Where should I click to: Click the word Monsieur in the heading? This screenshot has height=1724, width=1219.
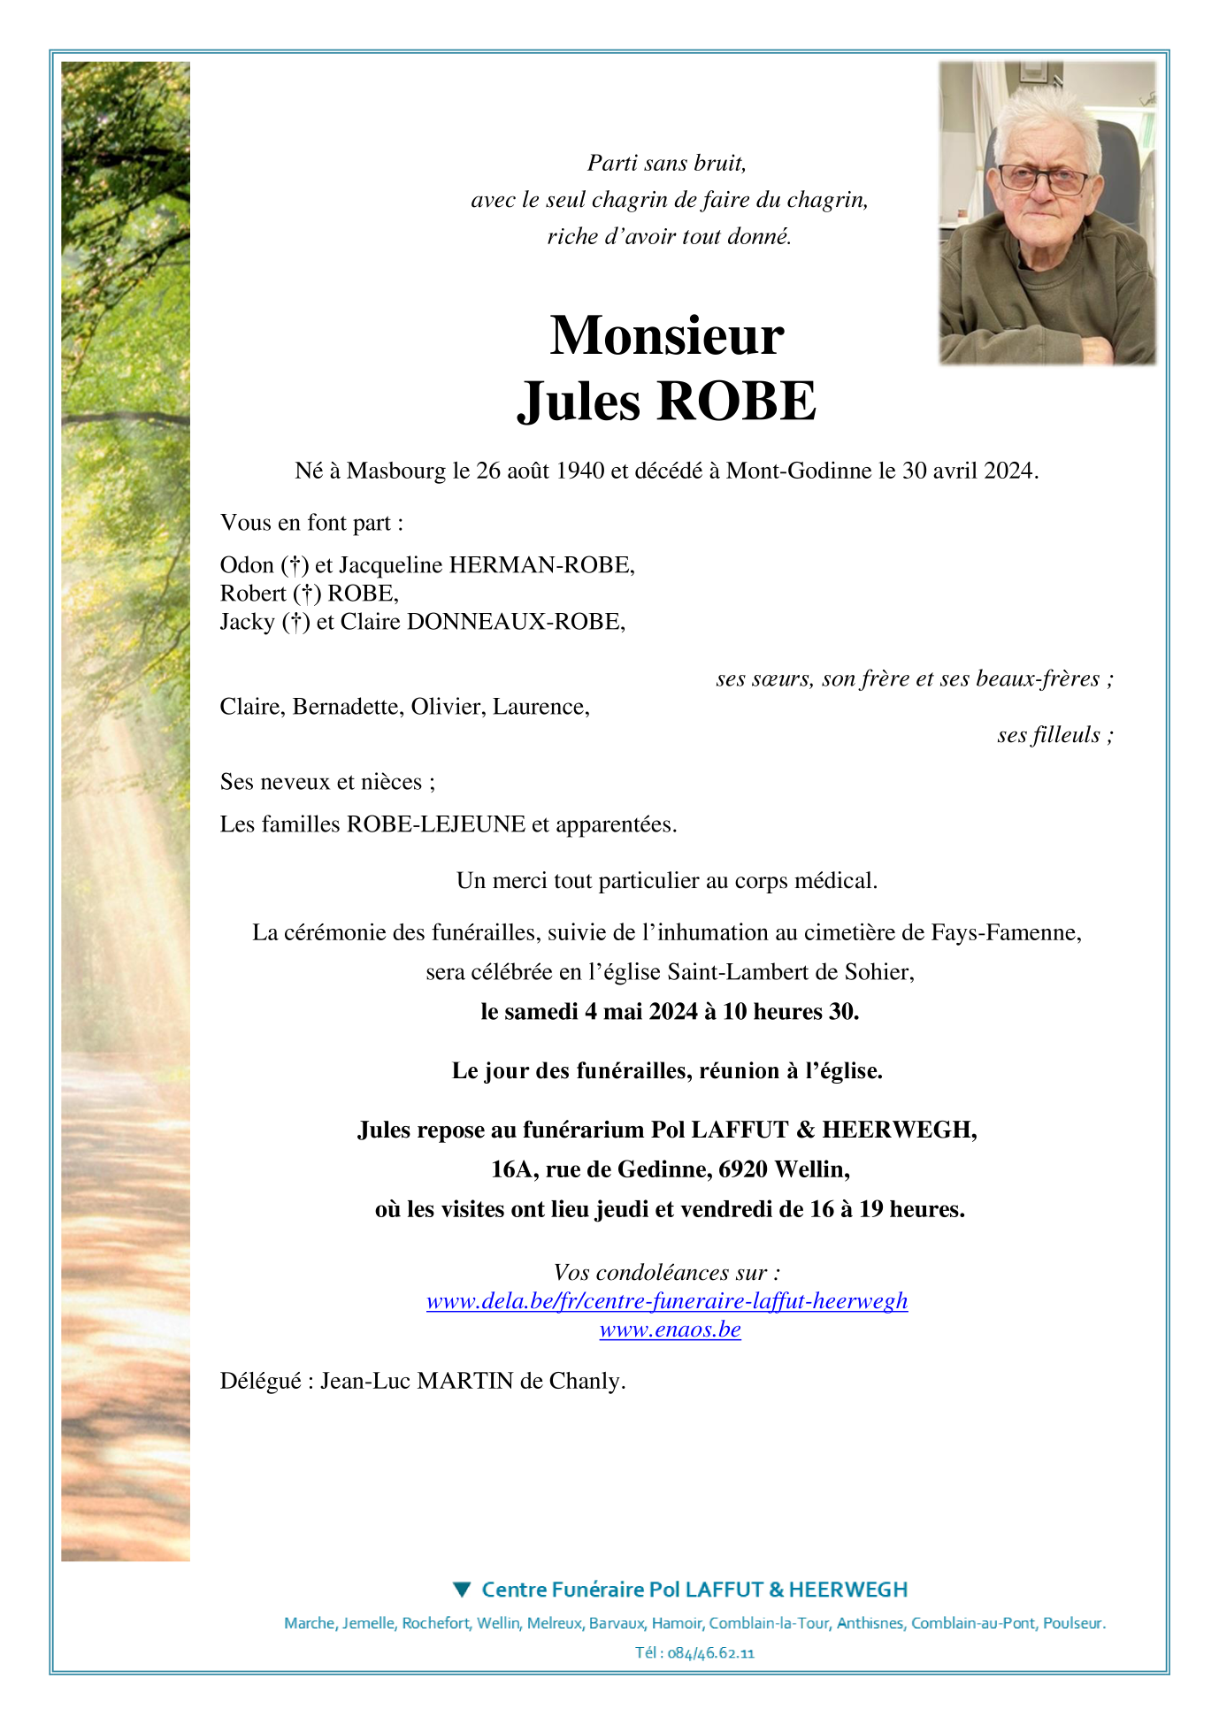666,336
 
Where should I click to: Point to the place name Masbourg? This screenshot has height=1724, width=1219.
396,471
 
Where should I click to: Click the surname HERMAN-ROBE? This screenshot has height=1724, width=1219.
541,565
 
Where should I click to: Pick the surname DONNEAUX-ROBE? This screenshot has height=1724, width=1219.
515,622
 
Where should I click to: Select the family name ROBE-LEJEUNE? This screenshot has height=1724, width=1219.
436,824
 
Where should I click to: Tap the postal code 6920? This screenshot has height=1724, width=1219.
743,1169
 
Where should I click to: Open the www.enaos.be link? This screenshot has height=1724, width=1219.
670,1329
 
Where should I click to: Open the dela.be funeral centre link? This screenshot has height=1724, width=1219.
666,1301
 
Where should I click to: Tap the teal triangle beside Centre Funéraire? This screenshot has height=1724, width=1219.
461,1590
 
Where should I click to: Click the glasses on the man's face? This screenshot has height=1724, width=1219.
1044,179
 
